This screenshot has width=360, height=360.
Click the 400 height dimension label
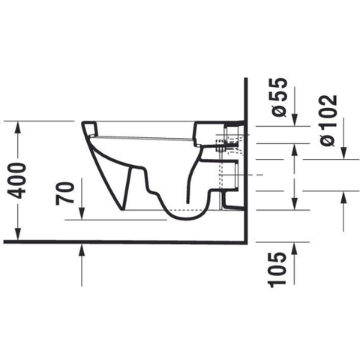16,181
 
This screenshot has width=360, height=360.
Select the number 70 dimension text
65,193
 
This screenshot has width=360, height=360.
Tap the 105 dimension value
277,270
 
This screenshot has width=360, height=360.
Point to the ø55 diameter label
279,97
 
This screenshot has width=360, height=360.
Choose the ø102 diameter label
329,121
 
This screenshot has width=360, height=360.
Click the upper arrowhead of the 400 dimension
18,127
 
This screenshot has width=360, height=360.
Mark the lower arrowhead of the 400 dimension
18,235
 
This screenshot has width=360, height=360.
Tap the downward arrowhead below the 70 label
82,214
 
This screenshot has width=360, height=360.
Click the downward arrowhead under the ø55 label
295,120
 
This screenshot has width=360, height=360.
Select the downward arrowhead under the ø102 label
344,153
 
